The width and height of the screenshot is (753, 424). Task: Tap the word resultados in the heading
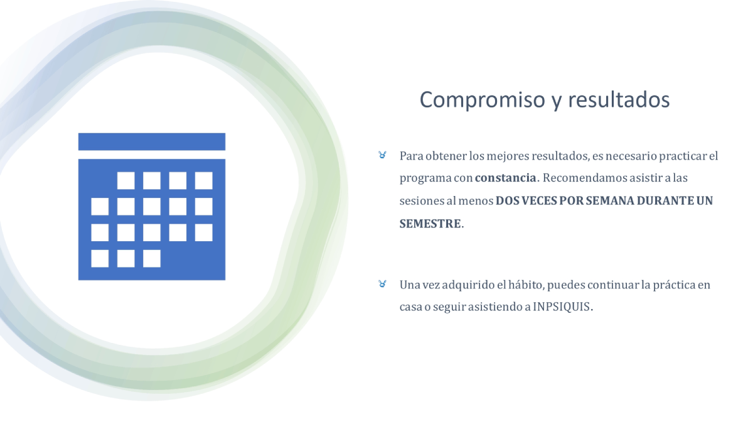619,100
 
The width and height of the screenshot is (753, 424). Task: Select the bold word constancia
506,178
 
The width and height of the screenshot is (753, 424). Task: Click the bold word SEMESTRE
430,224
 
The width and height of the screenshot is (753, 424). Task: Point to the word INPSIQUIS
562,307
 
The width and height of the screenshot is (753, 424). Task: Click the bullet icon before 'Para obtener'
382,155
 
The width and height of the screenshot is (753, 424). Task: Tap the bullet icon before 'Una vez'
382,284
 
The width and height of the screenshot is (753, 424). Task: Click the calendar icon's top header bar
152,142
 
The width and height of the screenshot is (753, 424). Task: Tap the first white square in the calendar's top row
125,180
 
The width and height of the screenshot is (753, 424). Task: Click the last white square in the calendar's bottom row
152,258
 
